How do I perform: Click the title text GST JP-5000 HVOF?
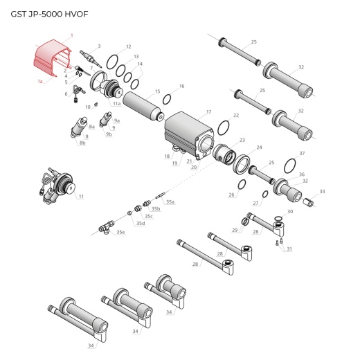[49, 14]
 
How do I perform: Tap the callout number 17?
[208, 112]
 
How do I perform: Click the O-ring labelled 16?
[167, 100]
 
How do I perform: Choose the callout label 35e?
[120, 232]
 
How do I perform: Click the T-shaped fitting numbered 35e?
[106, 227]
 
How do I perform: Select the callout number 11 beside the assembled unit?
[81, 197]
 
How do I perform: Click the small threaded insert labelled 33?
[309, 201]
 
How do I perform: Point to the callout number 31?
[289, 249]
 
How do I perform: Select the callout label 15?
[157, 91]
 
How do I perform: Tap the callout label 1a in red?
[40, 81]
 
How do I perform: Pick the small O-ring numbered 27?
[265, 195]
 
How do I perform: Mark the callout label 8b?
[82, 143]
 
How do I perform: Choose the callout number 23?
[242, 140]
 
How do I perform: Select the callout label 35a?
[170, 201]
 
